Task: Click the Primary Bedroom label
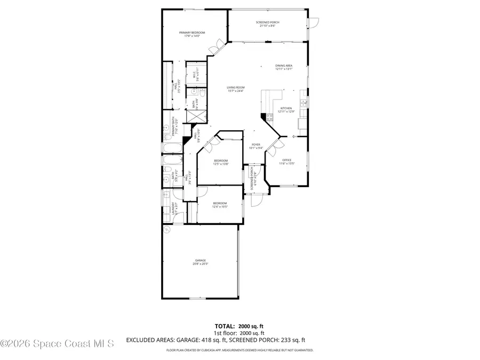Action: point(191,35)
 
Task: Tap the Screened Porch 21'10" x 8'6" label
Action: point(269,24)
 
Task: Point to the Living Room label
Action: point(235,89)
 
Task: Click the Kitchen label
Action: point(286,110)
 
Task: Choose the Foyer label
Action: point(256,146)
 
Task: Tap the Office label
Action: point(286,162)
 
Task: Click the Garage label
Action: point(200,262)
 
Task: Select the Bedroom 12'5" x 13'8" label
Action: point(221,162)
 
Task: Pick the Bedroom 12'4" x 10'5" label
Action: point(220,204)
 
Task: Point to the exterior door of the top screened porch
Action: point(314,22)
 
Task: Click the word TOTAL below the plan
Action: point(225,325)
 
